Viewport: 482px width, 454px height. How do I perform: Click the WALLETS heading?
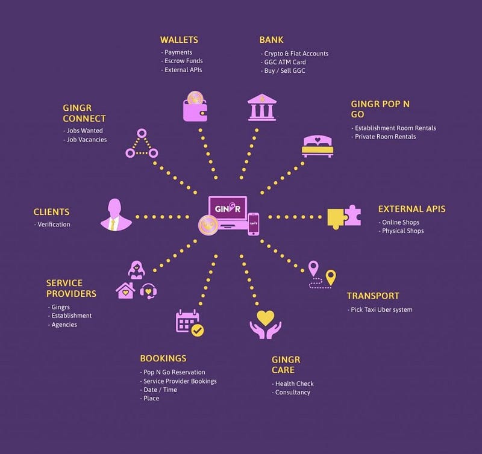pyautogui.click(x=179, y=40)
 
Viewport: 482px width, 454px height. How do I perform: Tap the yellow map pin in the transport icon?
pyautogui.click(x=330, y=278)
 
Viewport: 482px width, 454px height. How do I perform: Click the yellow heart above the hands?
pyautogui.click(x=265, y=317)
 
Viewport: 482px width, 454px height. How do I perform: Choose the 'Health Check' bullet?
pyautogui.click(x=294, y=384)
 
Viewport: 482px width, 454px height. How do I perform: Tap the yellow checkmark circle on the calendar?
pyautogui.click(x=197, y=330)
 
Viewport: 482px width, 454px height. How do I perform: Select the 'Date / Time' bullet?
pyautogui.click(x=160, y=390)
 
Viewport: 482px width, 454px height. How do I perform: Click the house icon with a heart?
pyautogui.click(x=125, y=291)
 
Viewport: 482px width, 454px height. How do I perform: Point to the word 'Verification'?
pyautogui.click(x=54, y=225)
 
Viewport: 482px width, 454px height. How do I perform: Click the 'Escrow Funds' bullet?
pyautogui.click(x=183, y=61)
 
